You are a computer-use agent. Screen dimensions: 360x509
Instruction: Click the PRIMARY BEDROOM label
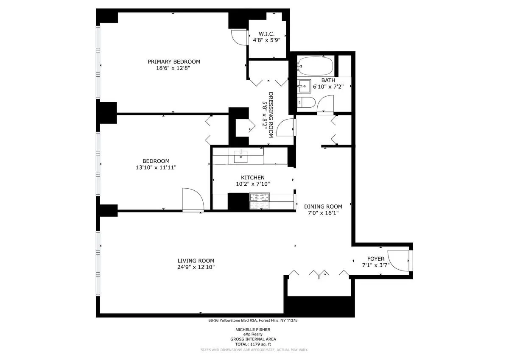174,61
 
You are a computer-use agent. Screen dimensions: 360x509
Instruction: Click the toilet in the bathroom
305,102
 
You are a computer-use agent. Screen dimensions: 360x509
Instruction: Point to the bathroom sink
304,86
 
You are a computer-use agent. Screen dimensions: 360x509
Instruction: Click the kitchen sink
241,156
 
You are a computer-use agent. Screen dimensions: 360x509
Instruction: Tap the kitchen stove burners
259,197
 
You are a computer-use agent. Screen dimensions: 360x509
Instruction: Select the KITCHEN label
253,178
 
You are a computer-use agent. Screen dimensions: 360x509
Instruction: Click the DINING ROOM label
323,207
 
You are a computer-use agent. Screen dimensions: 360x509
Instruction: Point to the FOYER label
375,259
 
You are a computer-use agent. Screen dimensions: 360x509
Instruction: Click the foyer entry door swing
399,260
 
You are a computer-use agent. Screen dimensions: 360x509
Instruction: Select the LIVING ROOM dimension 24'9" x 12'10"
196,267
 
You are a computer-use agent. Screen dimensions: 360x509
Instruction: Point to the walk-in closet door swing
239,37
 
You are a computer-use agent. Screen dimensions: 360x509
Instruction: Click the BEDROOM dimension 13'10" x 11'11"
156,167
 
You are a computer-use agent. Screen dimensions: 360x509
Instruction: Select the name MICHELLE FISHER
253,329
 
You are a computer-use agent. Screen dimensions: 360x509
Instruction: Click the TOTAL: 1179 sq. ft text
253,344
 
